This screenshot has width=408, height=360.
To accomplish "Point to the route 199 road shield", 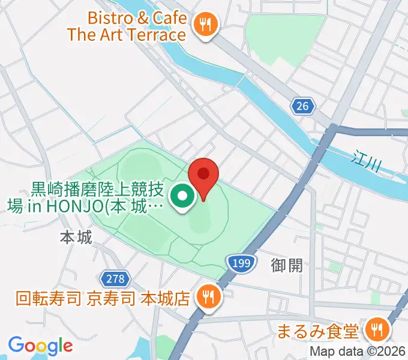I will point(239,262).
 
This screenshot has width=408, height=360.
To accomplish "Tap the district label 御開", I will point(287,265).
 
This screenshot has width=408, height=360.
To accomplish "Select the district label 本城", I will point(76,238).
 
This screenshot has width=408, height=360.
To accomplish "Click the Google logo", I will point(40,346).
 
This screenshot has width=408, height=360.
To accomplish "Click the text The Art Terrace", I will point(127,34).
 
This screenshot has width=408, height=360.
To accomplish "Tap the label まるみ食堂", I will point(318,331).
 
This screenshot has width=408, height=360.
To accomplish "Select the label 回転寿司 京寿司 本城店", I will point(103,298).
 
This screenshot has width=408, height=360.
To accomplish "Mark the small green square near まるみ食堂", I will point(376,298).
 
